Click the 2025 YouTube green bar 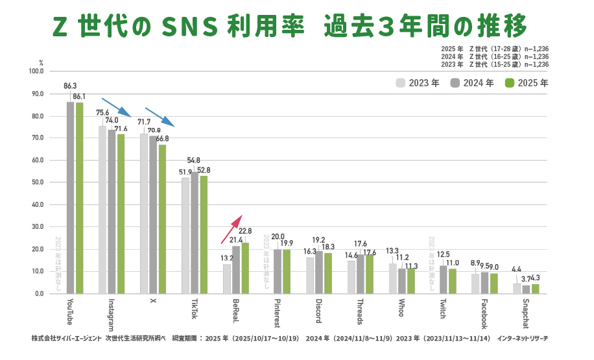(79, 198)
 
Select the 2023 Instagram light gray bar (102, 210)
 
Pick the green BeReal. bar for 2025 (245, 268)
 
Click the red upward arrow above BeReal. (231, 227)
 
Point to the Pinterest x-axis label (278, 313)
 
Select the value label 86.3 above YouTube (70, 86)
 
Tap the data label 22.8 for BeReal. (245, 231)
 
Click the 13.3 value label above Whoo (392, 251)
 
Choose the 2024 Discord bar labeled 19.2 (319, 272)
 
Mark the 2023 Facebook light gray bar (475, 283)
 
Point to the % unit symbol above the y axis (40, 63)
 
